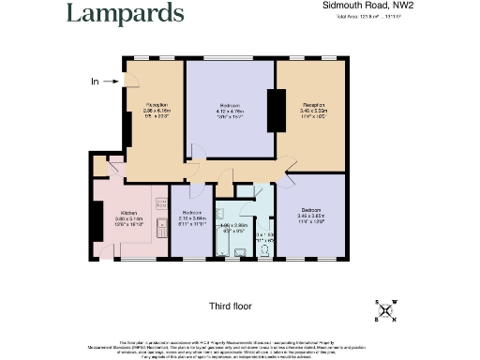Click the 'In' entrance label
coord(95,82)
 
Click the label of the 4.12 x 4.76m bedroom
coord(231,108)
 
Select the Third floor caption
coord(231,307)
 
